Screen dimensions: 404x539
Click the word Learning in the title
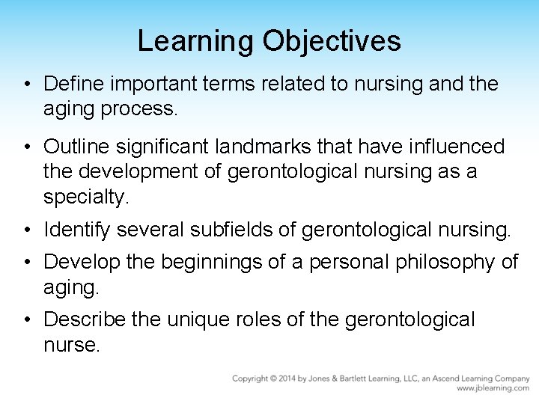(x=196, y=41)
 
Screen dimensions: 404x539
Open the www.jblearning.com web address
(x=493, y=388)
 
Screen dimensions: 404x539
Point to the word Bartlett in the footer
(x=356, y=379)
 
